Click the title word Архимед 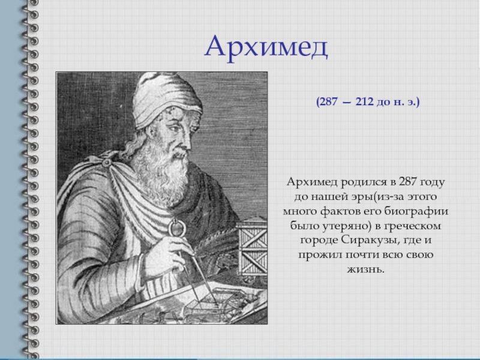coord(266,47)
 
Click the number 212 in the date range coord(365,101)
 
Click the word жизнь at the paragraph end coord(365,269)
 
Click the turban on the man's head coord(166,98)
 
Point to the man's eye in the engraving coord(174,127)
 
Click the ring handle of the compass coord(175,227)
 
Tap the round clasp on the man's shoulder coord(107,162)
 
